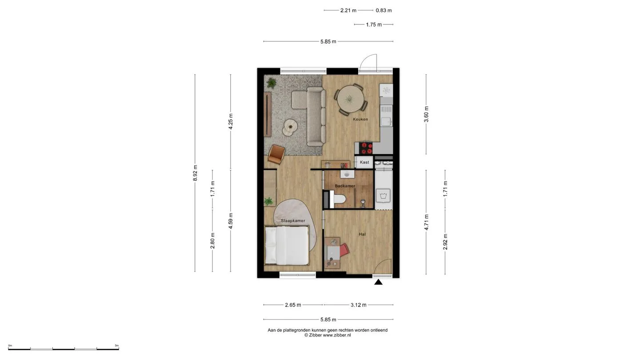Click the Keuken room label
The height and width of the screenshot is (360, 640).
(360, 119)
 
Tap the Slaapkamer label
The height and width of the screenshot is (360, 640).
(293, 220)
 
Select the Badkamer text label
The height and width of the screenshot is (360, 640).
(345, 186)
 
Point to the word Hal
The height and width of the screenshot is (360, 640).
(362, 234)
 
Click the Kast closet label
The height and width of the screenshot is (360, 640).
(364, 162)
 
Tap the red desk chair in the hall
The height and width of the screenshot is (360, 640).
(344, 250)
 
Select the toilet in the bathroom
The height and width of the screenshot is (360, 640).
(338, 199)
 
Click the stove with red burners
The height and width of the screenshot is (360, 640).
(366, 148)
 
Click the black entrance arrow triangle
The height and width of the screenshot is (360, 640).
(378, 282)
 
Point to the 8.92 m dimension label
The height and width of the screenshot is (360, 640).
(195, 173)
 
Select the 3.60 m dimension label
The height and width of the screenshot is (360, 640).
(426, 114)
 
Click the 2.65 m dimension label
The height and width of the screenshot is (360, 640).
(293, 305)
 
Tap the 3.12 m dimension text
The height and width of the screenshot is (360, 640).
(358, 305)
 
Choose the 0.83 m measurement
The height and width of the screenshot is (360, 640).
(384, 11)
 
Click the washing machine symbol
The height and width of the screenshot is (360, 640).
(383, 196)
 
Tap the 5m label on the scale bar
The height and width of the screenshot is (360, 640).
(116, 345)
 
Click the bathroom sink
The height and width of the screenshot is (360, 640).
(347, 174)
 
